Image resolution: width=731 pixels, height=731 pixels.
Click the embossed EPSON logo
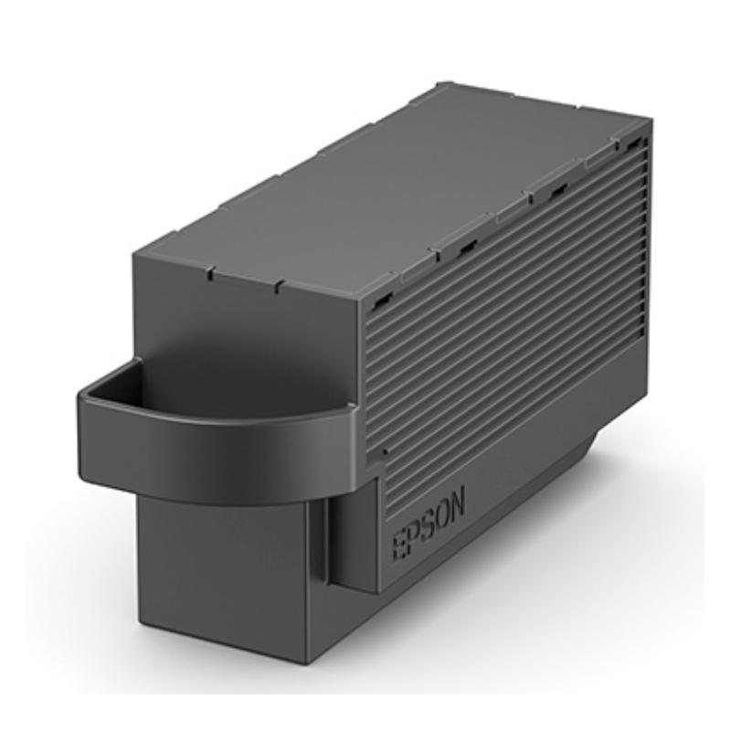429,524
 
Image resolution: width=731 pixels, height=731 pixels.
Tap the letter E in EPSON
400,545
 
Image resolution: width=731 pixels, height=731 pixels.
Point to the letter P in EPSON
415,535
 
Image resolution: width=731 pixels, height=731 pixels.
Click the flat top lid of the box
392,186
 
